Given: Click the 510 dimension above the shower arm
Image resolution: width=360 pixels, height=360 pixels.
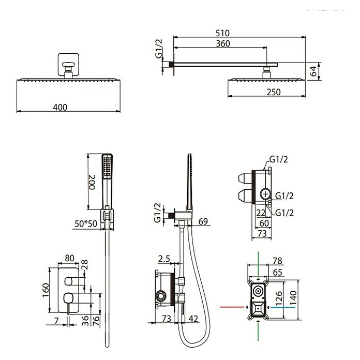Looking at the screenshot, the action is click(222, 33).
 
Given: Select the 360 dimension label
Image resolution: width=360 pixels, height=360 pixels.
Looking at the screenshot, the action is click(223, 43).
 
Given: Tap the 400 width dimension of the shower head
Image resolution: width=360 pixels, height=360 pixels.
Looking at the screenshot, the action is click(60, 107).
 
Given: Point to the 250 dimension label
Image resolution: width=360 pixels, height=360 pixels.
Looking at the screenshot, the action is click(274, 92).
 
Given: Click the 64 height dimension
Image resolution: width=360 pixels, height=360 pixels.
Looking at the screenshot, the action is click(313, 71).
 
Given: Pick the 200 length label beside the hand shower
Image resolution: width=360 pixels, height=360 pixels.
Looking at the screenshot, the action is click(92, 182).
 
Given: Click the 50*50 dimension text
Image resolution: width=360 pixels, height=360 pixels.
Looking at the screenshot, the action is click(86, 223).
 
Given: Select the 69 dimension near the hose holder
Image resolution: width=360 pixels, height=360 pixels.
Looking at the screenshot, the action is click(203, 221).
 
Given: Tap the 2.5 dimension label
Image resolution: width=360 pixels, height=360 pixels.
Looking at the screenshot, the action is click(164, 259).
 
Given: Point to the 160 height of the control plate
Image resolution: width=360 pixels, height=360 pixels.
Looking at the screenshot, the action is click(46, 290).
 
